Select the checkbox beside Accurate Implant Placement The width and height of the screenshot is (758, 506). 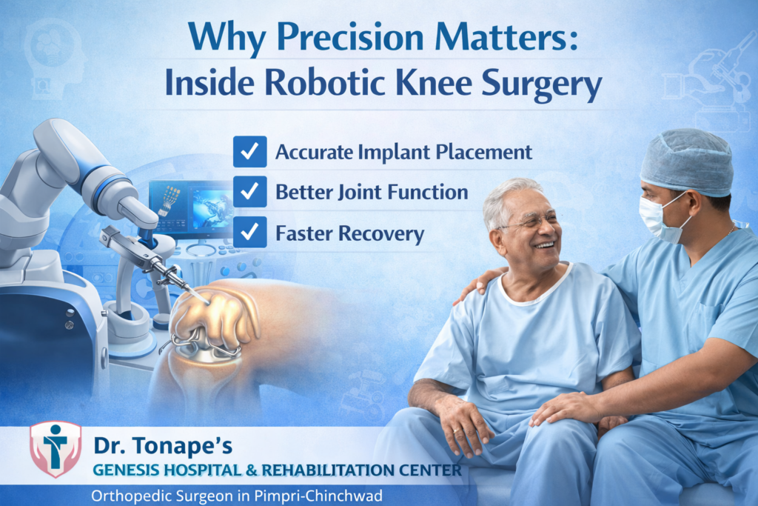249,151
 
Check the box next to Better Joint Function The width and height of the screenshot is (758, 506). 249,192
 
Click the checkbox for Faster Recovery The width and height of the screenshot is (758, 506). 249,233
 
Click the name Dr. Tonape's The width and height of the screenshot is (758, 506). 163,446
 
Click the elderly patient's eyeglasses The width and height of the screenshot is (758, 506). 529,221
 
